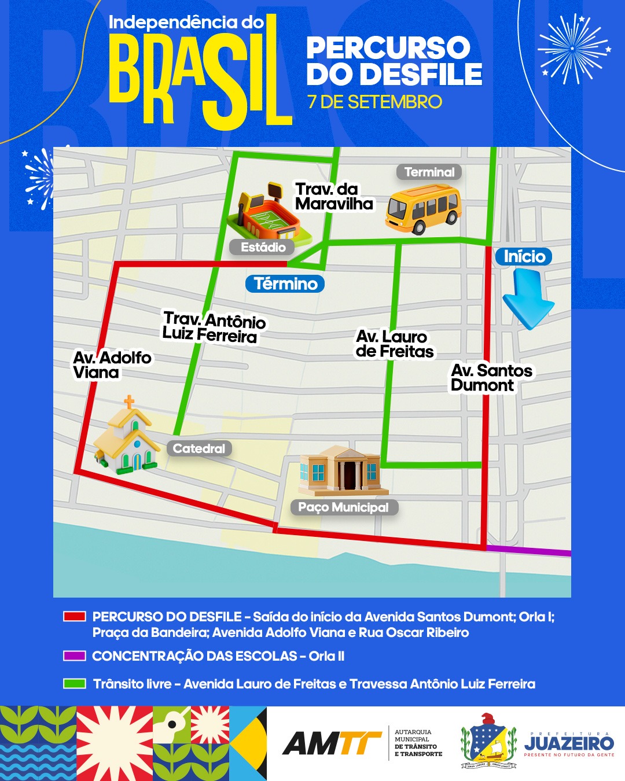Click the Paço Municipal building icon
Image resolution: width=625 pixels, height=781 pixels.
340,470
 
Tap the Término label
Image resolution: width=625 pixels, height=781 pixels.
285,283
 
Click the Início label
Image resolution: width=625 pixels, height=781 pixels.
524,256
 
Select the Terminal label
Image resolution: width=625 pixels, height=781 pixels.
429,172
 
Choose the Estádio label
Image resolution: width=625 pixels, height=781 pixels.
263,247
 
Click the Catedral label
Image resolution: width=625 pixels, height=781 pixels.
199,448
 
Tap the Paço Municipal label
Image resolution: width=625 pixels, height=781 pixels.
344,507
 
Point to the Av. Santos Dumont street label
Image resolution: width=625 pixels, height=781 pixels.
491,378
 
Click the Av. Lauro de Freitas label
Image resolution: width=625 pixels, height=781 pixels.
394,344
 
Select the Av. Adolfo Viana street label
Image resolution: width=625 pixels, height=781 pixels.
112,365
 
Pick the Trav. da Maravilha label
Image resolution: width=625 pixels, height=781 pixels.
334,196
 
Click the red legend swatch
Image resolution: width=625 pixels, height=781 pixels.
75,617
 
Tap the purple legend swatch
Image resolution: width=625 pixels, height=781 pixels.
75,656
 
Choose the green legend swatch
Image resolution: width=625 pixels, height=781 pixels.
75,684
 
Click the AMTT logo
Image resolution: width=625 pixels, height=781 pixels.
331,743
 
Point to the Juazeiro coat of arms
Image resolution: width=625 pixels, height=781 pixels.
488,741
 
